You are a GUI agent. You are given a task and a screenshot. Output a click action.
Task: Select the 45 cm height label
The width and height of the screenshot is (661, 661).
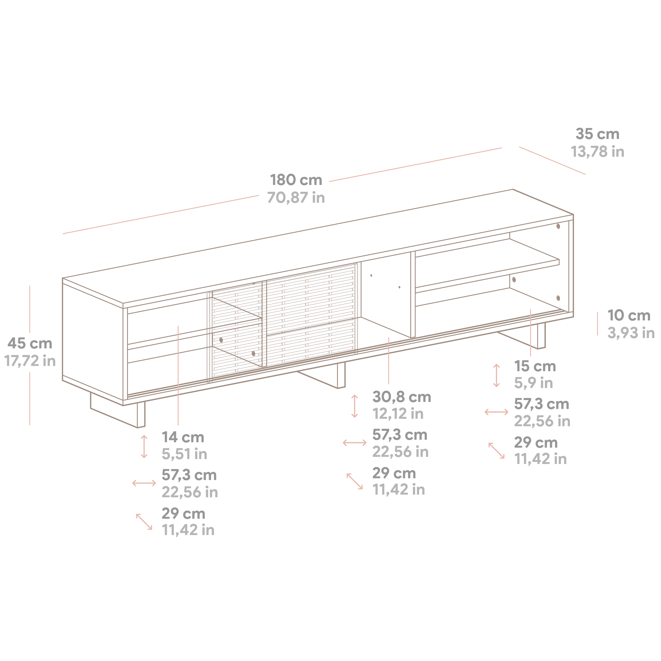(30, 343)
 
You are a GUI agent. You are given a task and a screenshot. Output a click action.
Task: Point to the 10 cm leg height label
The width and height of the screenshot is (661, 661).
(629, 316)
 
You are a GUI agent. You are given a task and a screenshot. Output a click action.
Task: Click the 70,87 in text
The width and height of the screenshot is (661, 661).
(296, 198)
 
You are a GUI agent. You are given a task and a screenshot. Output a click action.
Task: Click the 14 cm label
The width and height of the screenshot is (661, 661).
(183, 437)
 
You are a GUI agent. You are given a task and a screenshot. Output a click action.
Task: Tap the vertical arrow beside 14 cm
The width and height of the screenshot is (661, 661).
(144, 447)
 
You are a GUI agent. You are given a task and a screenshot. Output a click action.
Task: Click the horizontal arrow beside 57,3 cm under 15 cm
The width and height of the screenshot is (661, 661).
(497, 412)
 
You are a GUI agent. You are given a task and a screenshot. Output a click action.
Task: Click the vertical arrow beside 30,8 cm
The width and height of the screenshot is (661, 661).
(354, 406)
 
